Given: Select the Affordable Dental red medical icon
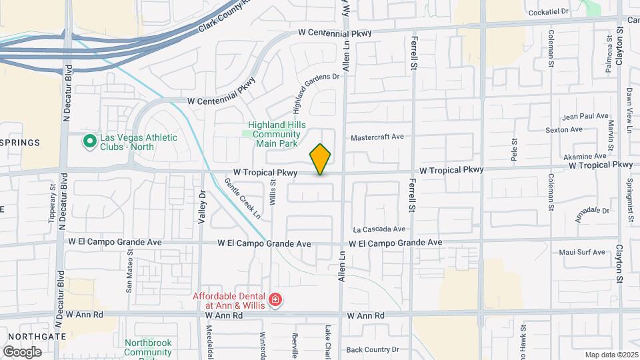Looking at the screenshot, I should (x=275, y=301).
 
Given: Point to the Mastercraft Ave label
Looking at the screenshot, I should (x=378, y=137).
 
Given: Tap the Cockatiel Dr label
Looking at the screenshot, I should (x=547, y=12).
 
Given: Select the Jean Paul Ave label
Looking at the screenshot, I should (x=587, y=116).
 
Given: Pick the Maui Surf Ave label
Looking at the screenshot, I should (x=581, y=252).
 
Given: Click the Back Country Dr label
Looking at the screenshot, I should (x=372, y=349).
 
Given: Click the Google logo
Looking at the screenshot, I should (x=22, y=351).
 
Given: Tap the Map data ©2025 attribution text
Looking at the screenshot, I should (x=611, y=355).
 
